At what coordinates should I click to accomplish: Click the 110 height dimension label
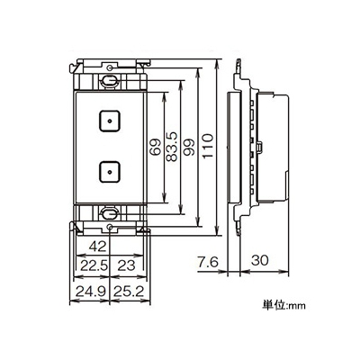pyautogui.click(x=208, y=147)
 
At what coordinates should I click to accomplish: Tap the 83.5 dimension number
pyautogui.click(x=173, y=148)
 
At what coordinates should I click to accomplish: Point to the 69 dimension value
pyautogui.click(x=156, y=147)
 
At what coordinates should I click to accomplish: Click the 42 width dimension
pyautogui.click(x=98, y=247)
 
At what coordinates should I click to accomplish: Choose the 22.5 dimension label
pyautogui.click(x=93, y=265)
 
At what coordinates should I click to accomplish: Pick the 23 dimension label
pyautogui.click(x=126, y=265)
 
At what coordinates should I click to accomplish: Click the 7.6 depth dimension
pyautogui.click(x=208, y=261)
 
